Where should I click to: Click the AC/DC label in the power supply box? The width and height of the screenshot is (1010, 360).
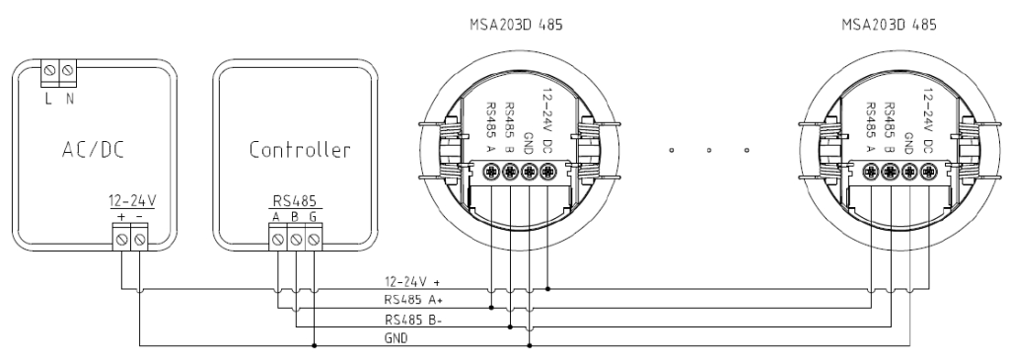[93, 150]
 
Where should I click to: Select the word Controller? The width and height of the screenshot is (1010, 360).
[300, 150]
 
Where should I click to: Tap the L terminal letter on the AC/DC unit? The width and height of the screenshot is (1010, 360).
[48, 100]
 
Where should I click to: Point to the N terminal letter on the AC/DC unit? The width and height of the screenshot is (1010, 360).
[70, 100]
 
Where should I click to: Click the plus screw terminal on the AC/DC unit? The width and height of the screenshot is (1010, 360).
[121, 240]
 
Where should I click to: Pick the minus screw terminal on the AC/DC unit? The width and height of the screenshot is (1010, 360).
[139, 240]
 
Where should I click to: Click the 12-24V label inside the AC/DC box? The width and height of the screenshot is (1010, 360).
[132, 201]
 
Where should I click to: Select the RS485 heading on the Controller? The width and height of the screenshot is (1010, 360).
[296, 201]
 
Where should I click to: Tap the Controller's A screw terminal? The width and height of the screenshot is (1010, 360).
[277, 239]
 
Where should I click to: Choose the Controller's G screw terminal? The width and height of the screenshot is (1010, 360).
[314, 239]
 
